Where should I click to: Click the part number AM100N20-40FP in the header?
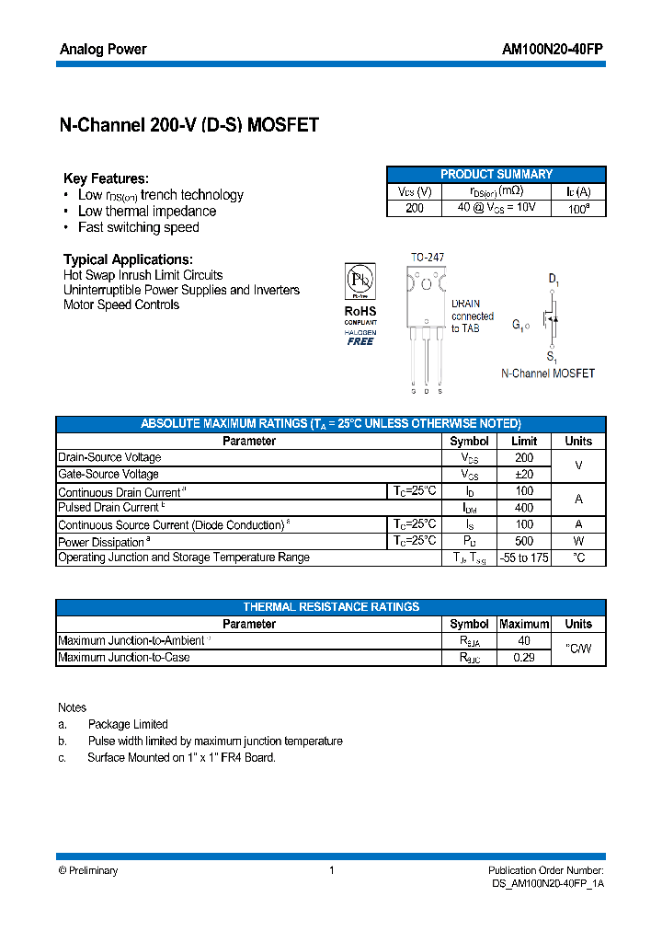553,50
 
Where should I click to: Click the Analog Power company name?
103,50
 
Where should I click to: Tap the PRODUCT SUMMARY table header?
496,175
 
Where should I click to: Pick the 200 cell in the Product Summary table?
415,209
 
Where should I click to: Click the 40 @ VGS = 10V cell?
497,209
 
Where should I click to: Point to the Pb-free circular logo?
360,279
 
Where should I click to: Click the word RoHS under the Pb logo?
360,311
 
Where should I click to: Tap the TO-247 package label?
426,259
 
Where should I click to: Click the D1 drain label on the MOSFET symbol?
554,279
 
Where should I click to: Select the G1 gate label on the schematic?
520,325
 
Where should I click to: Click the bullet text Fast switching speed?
138,227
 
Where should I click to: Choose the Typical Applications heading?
128,259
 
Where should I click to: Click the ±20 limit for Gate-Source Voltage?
523,475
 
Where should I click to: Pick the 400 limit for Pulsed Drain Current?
523,508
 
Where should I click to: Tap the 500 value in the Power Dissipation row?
523,541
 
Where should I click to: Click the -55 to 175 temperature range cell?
523,557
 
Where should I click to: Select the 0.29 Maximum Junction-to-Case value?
523,658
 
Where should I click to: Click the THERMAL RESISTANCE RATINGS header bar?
331,607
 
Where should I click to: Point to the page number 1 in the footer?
331,870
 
